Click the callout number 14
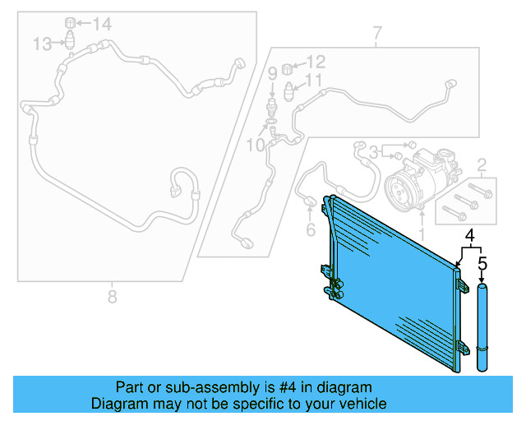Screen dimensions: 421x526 [x=101, y=24]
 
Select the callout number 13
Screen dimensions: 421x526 [x=43, y=43]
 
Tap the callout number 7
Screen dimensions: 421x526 [x=376, y=35]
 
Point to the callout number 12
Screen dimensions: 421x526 [x=316, y=62]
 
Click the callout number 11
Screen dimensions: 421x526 [x=314, y=81]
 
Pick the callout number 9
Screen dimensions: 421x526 [x=272, y=75]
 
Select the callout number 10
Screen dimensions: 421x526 [x=255, y=145]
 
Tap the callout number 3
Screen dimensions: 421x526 [x=373, y=151]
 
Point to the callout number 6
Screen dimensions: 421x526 [x=311, y=230]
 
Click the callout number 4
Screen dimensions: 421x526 [x=470, y=238]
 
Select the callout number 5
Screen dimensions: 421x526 [x=482, y=264]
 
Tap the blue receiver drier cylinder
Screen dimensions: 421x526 [x=482, y=329]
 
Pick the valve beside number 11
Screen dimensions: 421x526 [x=289, y=86]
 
